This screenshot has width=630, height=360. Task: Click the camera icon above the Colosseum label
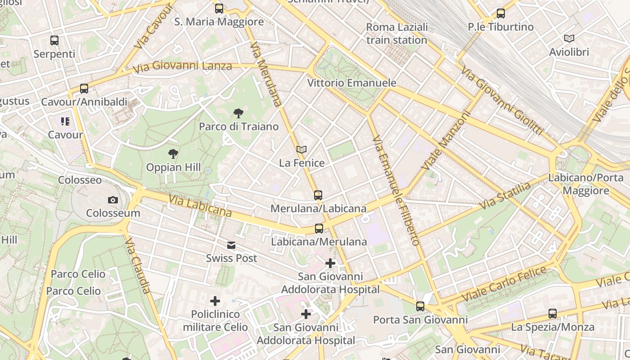tap(113, 200)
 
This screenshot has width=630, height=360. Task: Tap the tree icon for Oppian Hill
tap(173, 154)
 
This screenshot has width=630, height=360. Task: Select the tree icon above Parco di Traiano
tap(238, 113)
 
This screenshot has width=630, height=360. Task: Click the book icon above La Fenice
tap(301, 149)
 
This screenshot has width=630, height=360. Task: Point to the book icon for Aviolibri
tap(569, 39)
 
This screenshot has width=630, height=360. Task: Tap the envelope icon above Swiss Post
tap(231, 245)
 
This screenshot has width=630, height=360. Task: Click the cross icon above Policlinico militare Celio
tap(215, 301)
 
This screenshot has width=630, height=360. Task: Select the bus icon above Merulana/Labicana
tap(318, 195)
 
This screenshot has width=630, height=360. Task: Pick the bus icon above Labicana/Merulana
tap(319, 229)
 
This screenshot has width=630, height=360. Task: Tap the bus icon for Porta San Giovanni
tap(420, 306)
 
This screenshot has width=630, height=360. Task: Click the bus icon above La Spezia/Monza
tap(553, 314)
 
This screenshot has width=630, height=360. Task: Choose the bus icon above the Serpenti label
tap(54, 40)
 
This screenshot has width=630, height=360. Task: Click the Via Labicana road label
tap(200, 206)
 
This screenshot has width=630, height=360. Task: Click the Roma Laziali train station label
tap(396, 34)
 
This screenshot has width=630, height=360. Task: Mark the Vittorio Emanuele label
tap(351, 83)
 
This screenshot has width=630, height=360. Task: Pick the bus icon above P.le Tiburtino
tap(500, 13)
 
